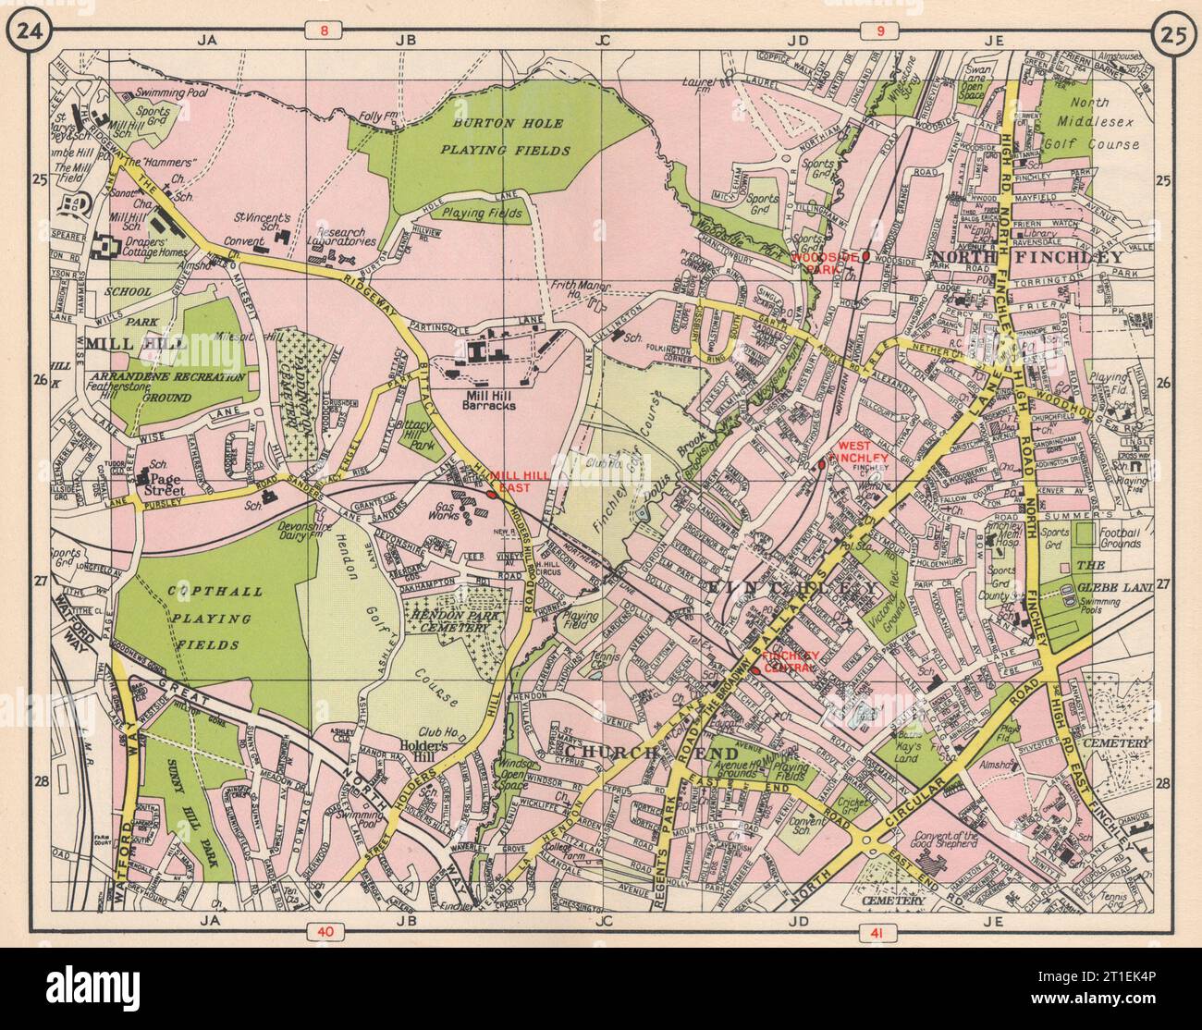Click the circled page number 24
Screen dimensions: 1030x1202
pos(24,33)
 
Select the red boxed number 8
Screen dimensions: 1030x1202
pos(323,32)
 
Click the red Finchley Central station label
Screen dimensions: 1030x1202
pos(791,661)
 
